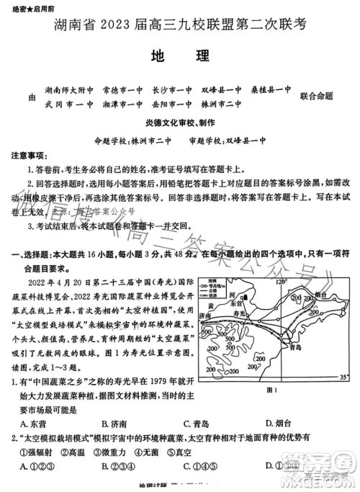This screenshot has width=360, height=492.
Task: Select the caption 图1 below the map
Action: [x=272, y=390]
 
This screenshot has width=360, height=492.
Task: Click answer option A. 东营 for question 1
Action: [x=35, y=424]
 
